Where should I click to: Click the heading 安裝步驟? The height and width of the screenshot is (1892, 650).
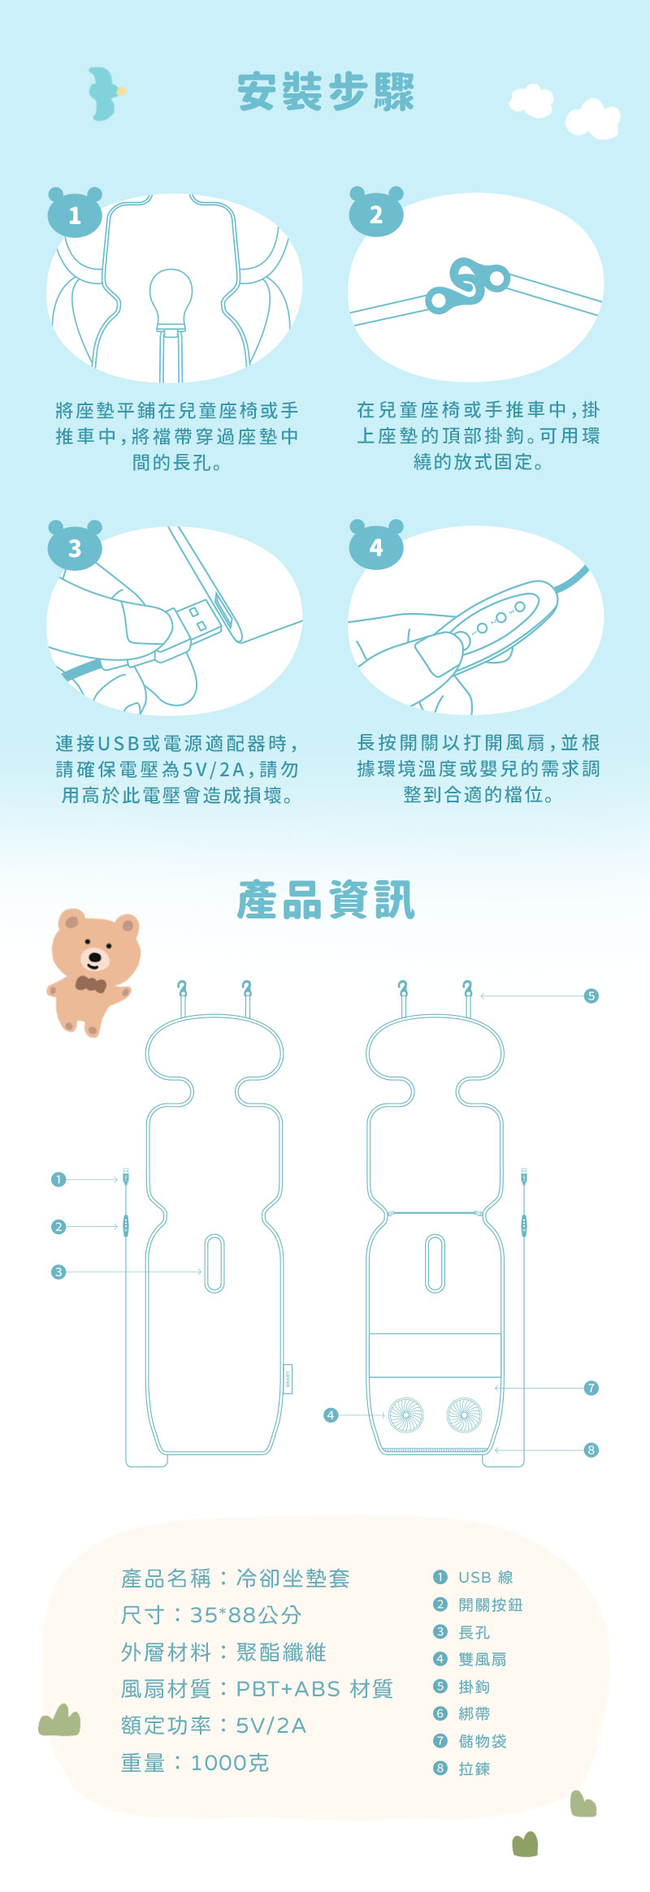[x=326, y=91]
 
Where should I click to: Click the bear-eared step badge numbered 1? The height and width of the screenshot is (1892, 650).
[x=75, y=212]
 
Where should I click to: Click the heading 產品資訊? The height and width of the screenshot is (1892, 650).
[x=326, y=900]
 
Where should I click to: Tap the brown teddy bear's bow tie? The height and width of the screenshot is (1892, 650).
[x=90, y=984]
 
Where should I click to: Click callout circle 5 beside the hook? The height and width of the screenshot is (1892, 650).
[x=591, y=996]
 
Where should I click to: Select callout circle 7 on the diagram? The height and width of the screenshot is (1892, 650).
[x=591, y=1388]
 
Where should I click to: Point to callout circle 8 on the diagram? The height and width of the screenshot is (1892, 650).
[x=591, y=1449]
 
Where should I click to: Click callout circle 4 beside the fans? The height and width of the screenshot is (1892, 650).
[x=331, y=1415]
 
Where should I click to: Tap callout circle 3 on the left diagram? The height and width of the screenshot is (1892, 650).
[x=58, y=1272]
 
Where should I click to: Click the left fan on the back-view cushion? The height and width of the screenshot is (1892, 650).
[x=405, y=1415]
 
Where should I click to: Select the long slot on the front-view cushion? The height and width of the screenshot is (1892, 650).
[x=214, y=1263]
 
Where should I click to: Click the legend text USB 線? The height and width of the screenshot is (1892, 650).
[x=486, y=1577]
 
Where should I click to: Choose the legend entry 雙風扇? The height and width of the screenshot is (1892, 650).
[x=483, y=1659]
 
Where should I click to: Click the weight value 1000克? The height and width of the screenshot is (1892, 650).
[x=230, y=1763]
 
